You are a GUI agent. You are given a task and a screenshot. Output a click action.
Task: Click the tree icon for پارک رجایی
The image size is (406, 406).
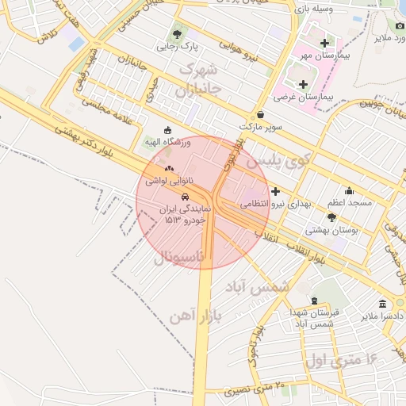click(x=176, y=34)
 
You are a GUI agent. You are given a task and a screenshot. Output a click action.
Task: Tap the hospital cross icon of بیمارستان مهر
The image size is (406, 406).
click(x=324, y=42)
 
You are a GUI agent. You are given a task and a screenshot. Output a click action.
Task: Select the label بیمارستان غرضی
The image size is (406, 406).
click(x=305, y=96)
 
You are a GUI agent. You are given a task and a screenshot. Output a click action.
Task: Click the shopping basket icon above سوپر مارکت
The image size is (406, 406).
click(x=260, y=114)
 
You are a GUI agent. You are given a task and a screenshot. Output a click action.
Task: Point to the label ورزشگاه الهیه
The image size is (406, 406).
click(x=167, y=142)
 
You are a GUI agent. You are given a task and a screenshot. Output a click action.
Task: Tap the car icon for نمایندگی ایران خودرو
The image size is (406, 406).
click(x=184, y=196)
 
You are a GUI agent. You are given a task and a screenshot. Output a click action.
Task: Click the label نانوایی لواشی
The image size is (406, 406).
click(x=167, y=181)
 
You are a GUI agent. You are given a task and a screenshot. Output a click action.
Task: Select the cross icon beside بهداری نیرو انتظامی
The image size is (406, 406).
click(x=275, y=191)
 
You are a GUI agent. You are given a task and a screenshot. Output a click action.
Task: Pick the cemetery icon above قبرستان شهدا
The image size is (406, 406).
click(x=316, y=301)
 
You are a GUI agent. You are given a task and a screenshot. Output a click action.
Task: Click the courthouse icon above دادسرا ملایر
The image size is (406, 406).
click(x=383, y=304)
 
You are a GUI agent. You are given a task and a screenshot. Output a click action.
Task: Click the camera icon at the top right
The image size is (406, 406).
click(x=400, y=25)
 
